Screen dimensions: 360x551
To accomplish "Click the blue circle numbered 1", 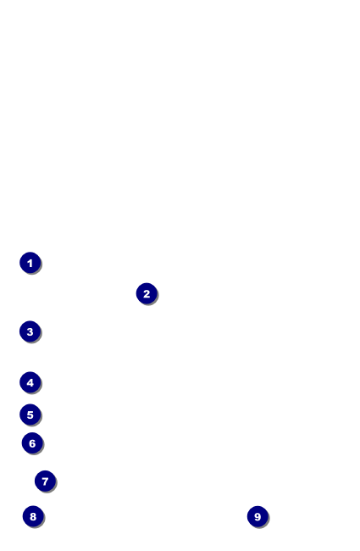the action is [x=30, y=263].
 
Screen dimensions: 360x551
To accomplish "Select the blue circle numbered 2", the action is [x=147, y=293].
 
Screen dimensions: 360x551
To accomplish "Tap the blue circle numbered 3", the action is [x=30, y=331].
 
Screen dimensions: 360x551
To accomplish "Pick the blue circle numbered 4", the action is [x=30, y=382].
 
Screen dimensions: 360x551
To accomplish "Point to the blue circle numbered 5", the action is [x=30, y=415].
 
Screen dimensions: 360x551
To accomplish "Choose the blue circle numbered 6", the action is [x=32, y=443].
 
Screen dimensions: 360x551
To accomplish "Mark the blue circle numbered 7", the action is [x=45, y=481].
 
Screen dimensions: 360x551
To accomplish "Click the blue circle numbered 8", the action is [x=33, y=516].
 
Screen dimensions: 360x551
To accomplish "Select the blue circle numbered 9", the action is [x=258, y=516].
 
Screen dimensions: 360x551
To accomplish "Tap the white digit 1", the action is [x=30, y=263].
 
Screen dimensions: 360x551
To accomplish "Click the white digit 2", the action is [x=147, y=294].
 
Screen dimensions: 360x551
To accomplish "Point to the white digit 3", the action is [x=30, y=331].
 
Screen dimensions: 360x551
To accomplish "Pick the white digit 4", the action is [x=30, y=382].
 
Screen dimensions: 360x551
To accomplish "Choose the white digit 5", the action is [x=30, y=415].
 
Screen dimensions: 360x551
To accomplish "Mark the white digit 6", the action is [x=32, y=443].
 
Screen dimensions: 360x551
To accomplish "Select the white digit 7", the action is [x=45, y=481].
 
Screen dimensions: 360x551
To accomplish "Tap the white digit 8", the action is [x=33, y=516].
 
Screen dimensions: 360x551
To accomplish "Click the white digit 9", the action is [x=258, y=517].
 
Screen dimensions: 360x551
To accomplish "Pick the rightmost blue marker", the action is [x=258, y=516].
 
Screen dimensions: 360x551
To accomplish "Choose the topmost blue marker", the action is [x=30, y=263].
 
